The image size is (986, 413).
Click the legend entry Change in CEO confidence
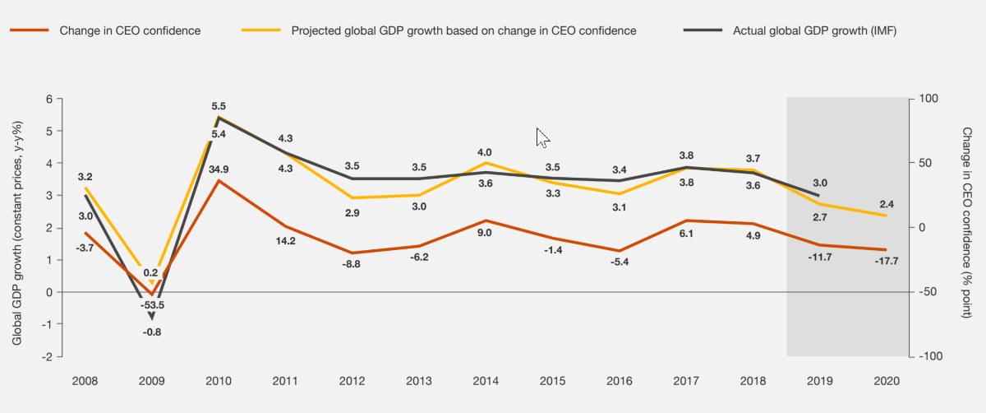tap(130, 31)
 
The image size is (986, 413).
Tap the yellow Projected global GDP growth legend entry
tap(463, 31)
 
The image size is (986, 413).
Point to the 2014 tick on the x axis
tap(485, 381)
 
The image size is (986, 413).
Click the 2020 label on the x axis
tap(887, 381)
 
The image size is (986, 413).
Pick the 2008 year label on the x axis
tap(85, 381)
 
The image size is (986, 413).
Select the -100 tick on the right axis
tap(931, 356)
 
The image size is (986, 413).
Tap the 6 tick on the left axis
tap(48, 99)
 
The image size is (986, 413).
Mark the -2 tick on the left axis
tap(47, 356)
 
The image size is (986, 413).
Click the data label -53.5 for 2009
tap(152, 304)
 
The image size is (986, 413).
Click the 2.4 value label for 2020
tap(887, 203)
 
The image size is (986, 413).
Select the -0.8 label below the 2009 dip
tap(152, 332)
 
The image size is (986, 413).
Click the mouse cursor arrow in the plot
tap(542, 137)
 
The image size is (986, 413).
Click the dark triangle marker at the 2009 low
tap(152, 315)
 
